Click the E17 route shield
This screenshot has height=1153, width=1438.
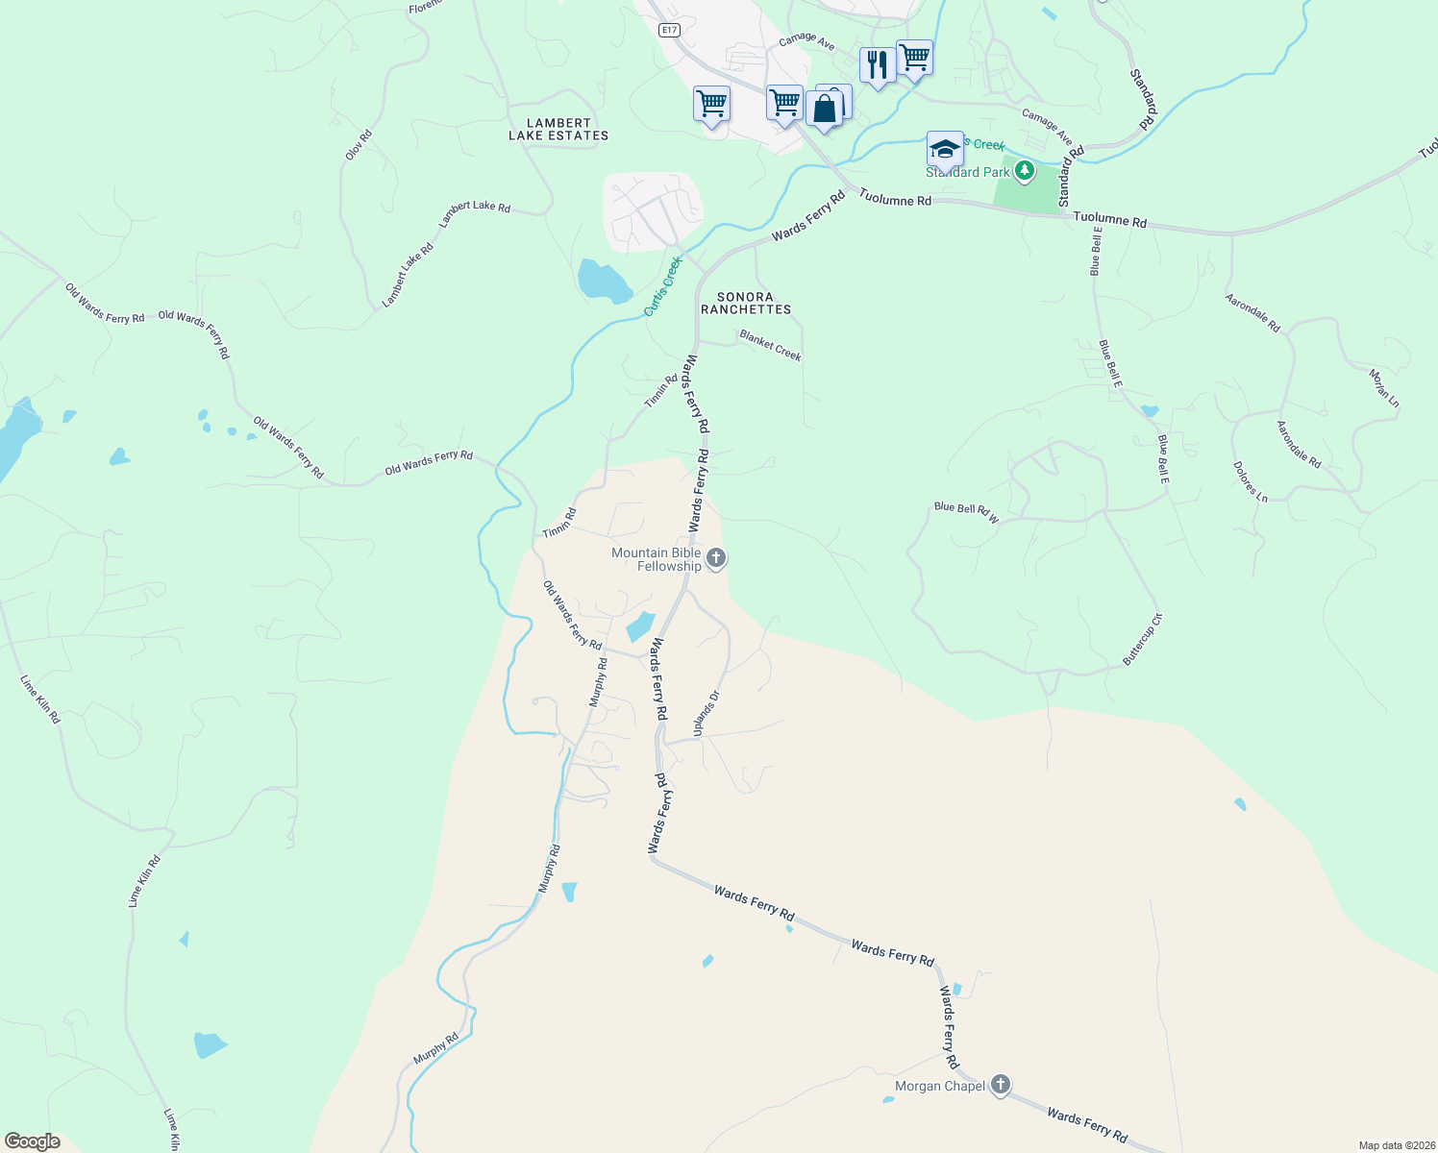click(x=670, y=30)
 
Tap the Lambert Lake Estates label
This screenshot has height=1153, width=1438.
click(x=558, y=130)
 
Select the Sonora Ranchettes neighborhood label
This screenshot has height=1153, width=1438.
click(x=746, y=304)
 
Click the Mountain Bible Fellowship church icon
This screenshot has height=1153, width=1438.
click(x=716, y=558)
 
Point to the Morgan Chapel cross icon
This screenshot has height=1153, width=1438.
click(x=1001, y=1085)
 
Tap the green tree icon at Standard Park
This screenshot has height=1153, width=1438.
click(x=1025, y=171)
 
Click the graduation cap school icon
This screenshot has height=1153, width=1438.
click(x=945, y=150)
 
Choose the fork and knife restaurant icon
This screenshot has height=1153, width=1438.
click(x=877, y=65)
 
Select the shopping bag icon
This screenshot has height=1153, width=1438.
click(x=825, y=110)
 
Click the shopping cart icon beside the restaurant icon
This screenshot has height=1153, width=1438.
click(x=914, y=58)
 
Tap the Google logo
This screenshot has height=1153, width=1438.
click(x=32, y=1141)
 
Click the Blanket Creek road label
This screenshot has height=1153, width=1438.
click(x=770, y=345)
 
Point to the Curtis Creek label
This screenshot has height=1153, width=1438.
click(x=662, y=286)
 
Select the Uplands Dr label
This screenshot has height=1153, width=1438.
click(x=707, y=714)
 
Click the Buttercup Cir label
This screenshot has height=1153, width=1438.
click(x=1143, y=639)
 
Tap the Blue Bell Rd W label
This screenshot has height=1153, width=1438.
click(x=966, y=512)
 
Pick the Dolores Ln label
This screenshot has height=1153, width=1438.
click(x=1250, y=481)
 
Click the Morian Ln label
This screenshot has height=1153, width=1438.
click(x=1384, y=385)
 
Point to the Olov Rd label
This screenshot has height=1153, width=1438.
click(x=358, y=145)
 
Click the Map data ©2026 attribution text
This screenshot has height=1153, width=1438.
click(x=1396, y=1145)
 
